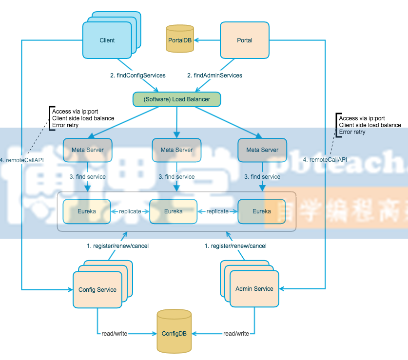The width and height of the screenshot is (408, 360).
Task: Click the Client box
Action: coord(107,40)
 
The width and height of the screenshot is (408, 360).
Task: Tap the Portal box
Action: coord(245,40)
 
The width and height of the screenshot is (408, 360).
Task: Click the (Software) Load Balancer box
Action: coord(177,99)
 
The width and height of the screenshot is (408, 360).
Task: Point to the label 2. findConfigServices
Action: coord(138,76)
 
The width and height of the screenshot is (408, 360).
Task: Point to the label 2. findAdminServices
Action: coord(215,76)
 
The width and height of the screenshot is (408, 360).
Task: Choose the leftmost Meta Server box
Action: coord(88,150)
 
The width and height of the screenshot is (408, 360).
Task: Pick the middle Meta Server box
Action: coord(176,150)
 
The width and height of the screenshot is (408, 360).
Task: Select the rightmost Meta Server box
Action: coord(262,150)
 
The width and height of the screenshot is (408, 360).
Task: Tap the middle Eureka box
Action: coord(174,211)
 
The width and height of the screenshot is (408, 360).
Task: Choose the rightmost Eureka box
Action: coord(262,211)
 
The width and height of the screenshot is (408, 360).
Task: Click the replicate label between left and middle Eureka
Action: coord(130,211)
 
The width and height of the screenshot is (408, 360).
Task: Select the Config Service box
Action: coord(97,290)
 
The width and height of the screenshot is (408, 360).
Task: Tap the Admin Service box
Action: coord(254,289)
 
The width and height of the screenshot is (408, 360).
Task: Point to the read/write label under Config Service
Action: coord(114,334)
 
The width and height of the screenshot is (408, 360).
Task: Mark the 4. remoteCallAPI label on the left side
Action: coord(22,160)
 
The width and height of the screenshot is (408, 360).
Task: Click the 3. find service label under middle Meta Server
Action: coord(176,177)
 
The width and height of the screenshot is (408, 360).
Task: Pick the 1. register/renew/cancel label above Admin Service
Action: coord(235,246)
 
